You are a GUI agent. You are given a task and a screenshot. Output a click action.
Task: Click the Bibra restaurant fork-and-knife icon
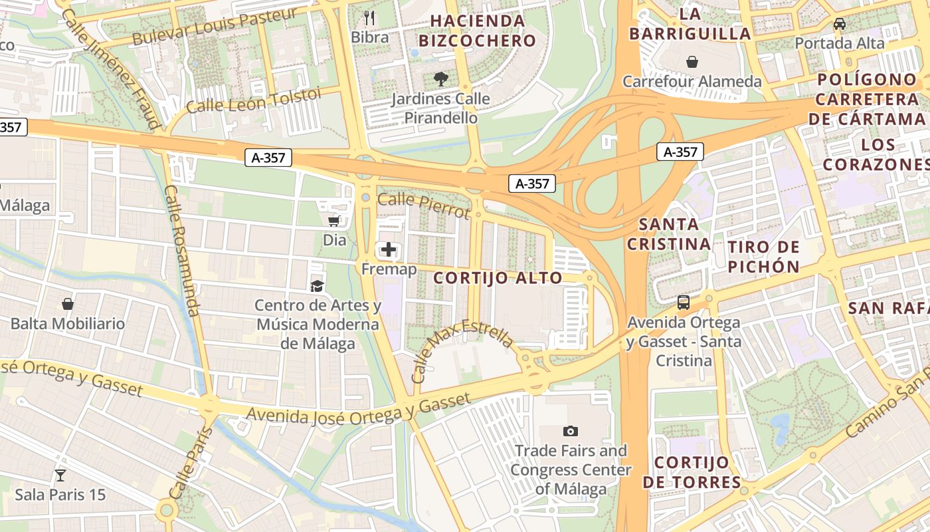370,17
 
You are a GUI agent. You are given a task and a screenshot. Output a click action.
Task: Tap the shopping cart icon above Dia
334,221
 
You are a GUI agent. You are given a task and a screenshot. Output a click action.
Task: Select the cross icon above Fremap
389,250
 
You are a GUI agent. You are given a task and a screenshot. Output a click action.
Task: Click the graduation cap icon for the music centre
318,286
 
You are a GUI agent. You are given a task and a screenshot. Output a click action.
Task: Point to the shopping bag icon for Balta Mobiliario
68,304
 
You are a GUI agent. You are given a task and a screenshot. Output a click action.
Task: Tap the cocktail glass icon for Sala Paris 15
60,475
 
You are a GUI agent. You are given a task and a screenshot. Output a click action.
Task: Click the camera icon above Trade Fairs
570,431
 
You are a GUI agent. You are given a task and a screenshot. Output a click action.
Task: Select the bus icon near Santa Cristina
684,303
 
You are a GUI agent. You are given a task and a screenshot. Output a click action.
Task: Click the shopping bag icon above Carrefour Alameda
692,62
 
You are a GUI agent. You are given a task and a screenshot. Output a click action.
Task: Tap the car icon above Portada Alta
840,24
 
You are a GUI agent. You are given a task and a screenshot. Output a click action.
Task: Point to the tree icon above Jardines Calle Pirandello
440,79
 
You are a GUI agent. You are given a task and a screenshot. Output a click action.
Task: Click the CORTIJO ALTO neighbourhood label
498,278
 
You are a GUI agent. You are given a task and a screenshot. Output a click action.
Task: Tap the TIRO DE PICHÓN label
764,257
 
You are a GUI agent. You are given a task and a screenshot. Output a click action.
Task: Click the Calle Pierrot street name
424,205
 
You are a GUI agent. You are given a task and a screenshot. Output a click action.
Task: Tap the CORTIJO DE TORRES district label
692,472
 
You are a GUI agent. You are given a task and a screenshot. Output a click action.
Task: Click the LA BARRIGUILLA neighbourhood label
690,23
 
